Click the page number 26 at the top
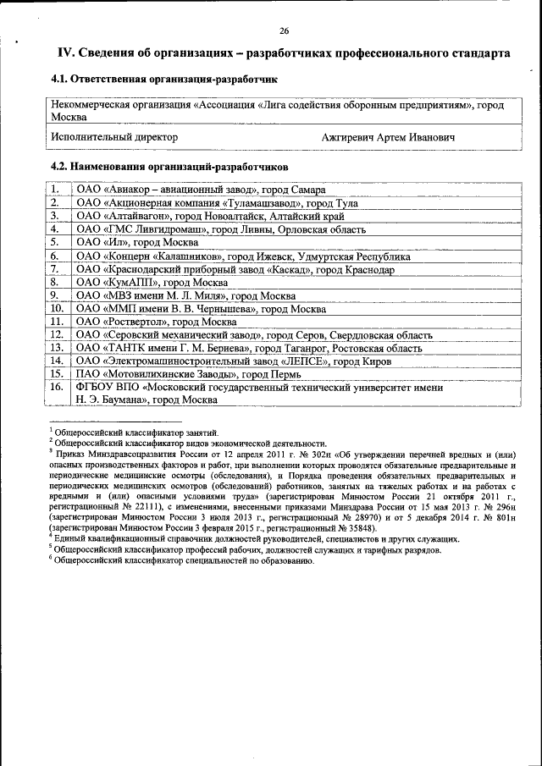284,31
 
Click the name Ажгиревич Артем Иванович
389,136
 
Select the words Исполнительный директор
113,136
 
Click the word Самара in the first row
307,190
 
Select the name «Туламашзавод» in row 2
262,203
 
